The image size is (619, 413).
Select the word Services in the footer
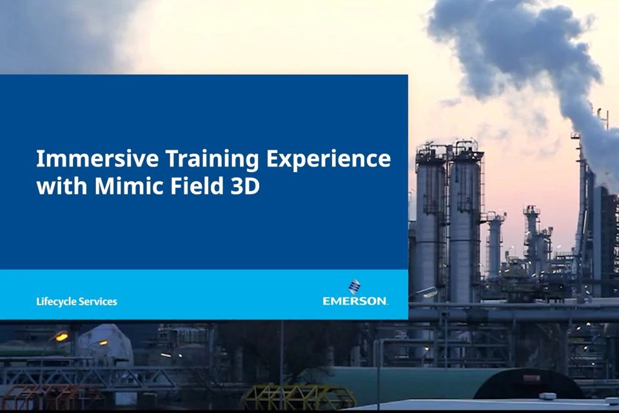coord(97,301)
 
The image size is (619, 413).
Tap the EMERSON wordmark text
coord(355,301)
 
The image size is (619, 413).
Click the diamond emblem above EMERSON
coord(355,286)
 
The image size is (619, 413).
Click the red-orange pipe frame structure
coord(45,398)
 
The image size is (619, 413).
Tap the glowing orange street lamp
coord(61,336)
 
